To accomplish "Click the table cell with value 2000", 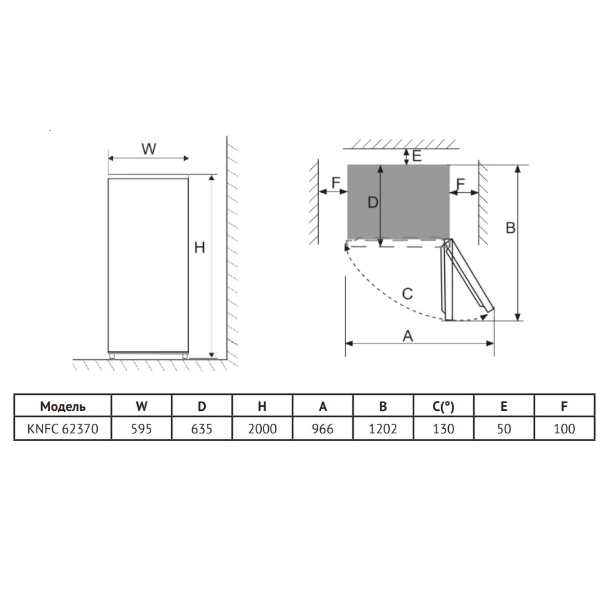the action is click(262, 428).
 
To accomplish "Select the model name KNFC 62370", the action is click(63, 428).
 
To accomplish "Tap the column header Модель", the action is click(63, 406).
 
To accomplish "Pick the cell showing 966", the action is click(323, 428).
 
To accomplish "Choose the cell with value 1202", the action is click(383, 428).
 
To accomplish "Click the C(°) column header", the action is click(443, 406).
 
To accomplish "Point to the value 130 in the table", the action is click(443, 428).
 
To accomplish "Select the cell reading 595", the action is click(141, 428).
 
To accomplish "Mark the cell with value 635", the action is click(202, 428).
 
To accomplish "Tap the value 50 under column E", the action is click(503, 428).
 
